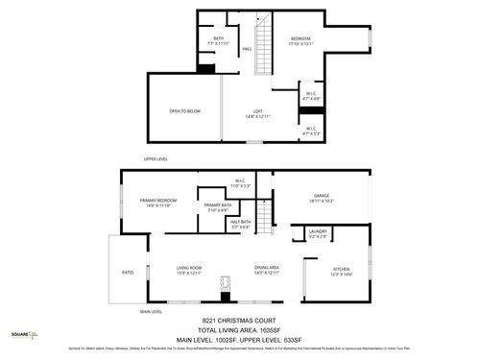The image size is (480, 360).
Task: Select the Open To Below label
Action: pos(183,111)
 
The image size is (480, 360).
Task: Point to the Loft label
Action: pos(258,114)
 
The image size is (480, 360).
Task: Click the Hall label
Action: pos(247,49)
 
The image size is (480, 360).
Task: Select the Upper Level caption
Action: pos(156,159)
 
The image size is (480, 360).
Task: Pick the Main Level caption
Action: pos(152,312)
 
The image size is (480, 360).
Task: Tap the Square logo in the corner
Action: pos(24,335)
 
